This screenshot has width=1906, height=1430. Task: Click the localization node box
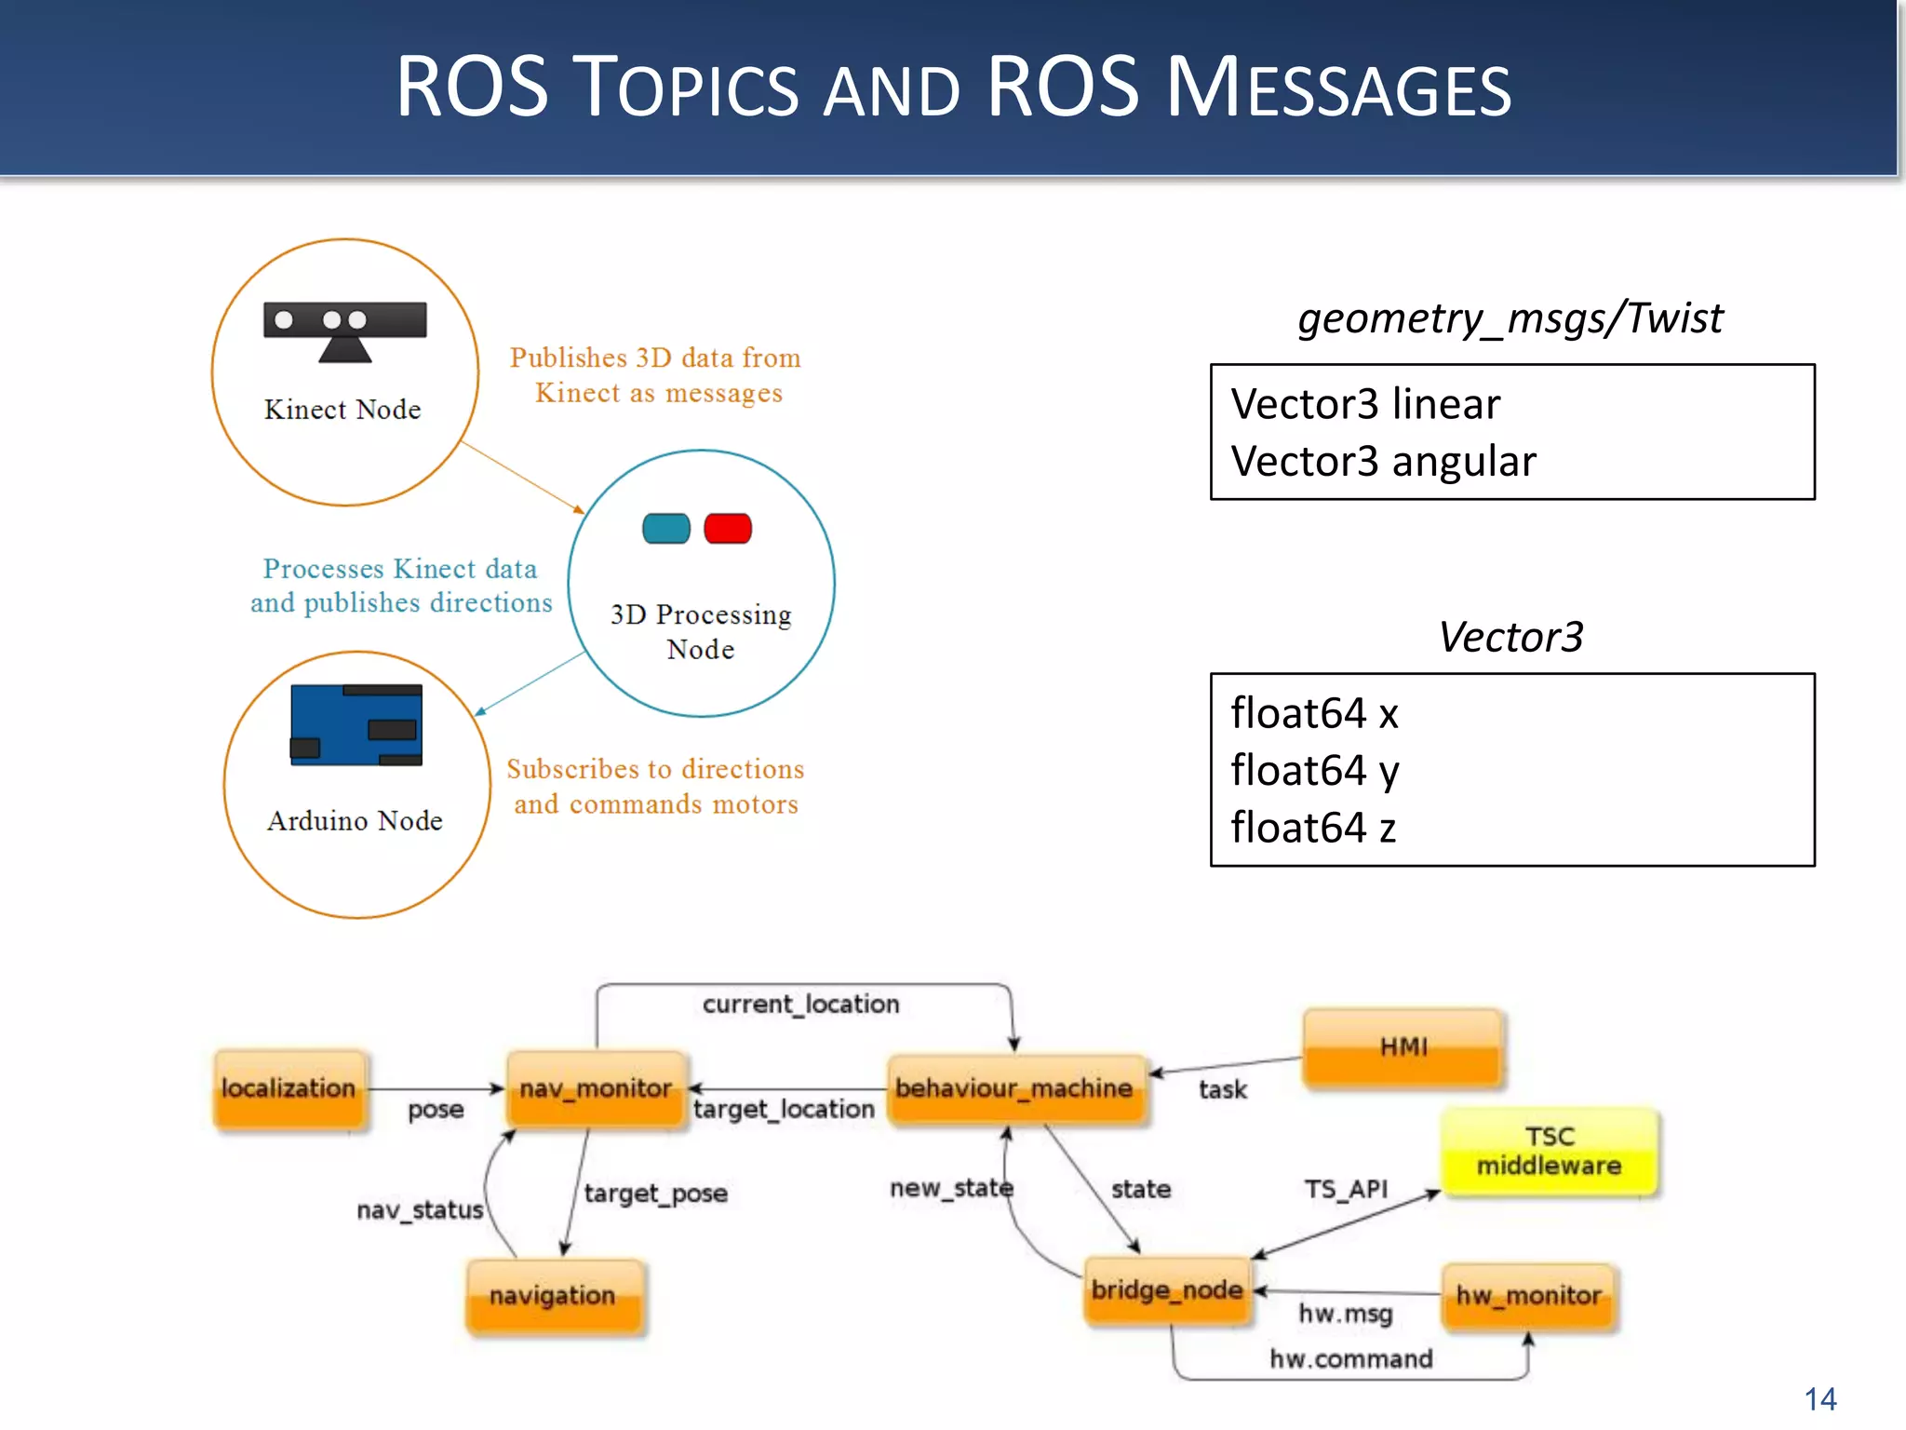(x=289, y=1089)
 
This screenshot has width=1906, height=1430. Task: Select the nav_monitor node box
(x=596, y=1089)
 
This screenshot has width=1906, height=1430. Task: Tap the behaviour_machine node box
(x=1015, y=1089)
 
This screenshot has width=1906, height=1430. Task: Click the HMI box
(x=1403, y=1048)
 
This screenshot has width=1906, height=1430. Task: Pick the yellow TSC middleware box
(x=1549, y=1152)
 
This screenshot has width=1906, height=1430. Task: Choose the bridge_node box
(x=1167, y=1290)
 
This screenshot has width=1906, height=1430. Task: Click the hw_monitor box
(x=1529, y=1296)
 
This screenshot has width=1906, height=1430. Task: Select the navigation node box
(x=554, y=1296)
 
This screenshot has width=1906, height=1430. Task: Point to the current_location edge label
(x=801, y=1005)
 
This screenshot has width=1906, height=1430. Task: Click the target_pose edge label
(x=656, y=1194)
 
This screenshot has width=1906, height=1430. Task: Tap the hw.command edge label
(x=1351, y=1359)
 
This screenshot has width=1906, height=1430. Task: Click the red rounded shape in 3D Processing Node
(x=728, y=529)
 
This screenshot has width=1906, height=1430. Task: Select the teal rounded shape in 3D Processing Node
(x=666, y=529)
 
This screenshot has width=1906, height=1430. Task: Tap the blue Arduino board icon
(x=356, y=725)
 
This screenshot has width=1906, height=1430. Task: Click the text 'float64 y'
(x=1315, y=771)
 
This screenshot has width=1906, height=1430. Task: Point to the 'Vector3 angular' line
(x=1383, y=462)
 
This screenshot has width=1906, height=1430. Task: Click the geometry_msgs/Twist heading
(x=1510, y=318)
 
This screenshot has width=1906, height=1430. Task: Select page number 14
(x=1820, y=1399)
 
